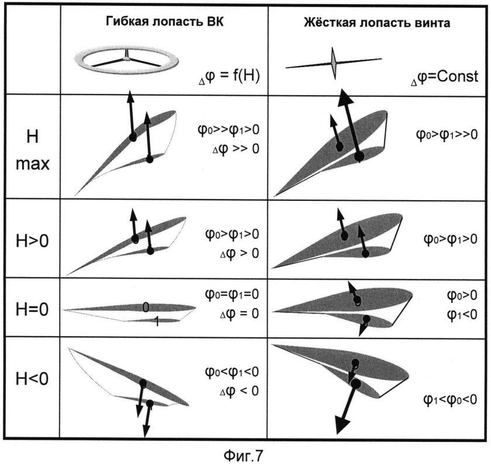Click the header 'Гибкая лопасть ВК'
click(165, 22)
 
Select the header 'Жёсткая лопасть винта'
click(377, 23)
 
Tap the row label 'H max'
click(33, 150)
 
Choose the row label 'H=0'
click(32, 309)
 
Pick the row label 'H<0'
click(32, 379)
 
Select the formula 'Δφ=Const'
click(444, 76)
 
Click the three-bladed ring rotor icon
click(126, 60)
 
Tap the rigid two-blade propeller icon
click(334, 63)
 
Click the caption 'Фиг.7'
click(243, 455)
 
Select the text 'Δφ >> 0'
click(236, 148)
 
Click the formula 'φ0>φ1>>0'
click(447, 134)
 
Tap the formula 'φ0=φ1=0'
click(232, 294)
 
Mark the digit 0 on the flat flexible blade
click(146, 308)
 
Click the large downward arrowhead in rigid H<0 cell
click(342, 425)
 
